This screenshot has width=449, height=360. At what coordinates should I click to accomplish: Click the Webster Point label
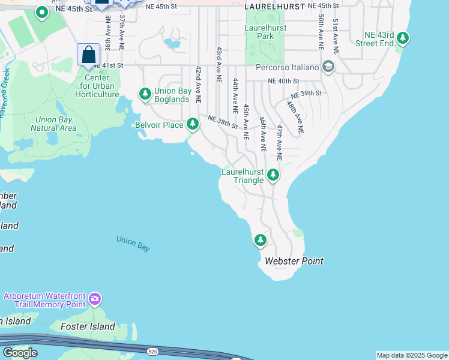click(294, 261)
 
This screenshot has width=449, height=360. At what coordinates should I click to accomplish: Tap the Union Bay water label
click(133, 243)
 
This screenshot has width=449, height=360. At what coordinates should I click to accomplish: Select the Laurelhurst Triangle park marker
click(273, 175)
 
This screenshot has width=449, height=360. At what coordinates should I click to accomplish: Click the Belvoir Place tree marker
click(192, 124)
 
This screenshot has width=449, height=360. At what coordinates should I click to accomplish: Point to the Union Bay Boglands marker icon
click(145, 94)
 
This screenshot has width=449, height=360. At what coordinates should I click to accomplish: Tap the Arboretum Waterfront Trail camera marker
click(94, 298)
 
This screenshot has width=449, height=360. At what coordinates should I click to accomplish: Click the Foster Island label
click(89, 326)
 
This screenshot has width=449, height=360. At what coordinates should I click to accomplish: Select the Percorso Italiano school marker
click(328, 67)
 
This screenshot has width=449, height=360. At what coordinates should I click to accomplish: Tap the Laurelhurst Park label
click(265, 32)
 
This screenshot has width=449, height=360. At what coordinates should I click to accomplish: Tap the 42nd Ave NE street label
click(197, 84)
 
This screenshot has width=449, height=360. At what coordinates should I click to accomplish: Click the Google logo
click(20, 353)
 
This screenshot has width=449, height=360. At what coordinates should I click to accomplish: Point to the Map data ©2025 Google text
click(412, 355)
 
